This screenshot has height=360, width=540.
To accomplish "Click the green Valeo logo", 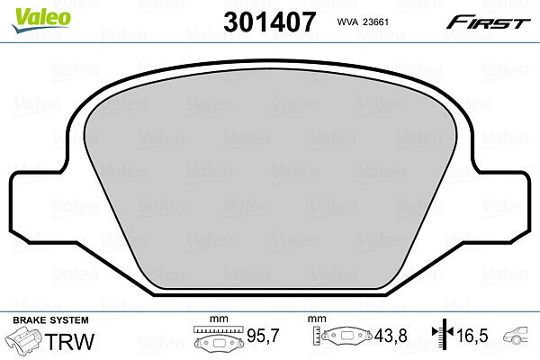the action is [x=40, y=21].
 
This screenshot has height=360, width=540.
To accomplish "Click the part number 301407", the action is [x=270, y=22].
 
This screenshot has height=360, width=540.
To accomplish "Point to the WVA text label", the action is [x=347, y=22].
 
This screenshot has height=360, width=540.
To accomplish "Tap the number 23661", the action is [x=376, y=22].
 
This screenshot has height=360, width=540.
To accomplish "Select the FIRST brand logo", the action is [x=489, y=22].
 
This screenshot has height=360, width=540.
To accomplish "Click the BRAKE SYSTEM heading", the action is [x=50, y=320].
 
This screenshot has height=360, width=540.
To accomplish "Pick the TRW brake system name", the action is [x=69, y=342].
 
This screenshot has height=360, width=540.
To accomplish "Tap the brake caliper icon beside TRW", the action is [x=23, y=339].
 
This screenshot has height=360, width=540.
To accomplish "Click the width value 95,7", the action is [x=263, y=336].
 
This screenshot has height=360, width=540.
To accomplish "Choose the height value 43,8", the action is [x=391, y=336].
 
